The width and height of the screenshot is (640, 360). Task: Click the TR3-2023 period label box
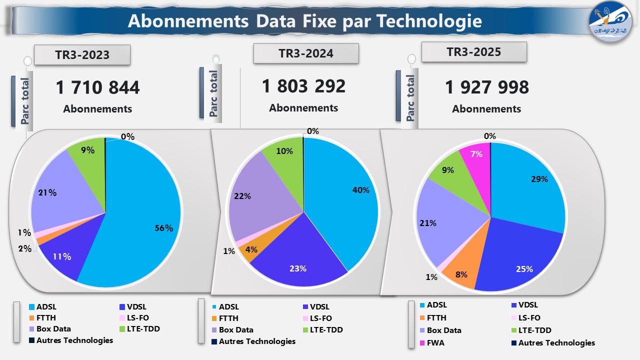(x=82, y=55)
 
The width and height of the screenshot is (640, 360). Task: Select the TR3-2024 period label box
(x=306, y=53)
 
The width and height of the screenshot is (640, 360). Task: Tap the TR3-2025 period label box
(x=474, y=52)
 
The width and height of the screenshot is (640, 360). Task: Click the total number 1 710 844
(x=98, y=88)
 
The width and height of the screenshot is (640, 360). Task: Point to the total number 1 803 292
(x=303, y=86)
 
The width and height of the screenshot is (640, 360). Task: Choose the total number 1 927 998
(x=487, y=87)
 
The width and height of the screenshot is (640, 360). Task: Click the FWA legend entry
(x=435, y=343)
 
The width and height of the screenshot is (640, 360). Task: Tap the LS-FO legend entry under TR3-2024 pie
(x=320, y=318)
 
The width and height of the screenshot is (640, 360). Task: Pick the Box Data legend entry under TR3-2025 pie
(x=444, y=330)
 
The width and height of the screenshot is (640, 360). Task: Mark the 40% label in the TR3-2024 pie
(x=360, y=190)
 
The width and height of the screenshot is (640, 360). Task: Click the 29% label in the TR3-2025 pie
(x=539, y=179)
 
